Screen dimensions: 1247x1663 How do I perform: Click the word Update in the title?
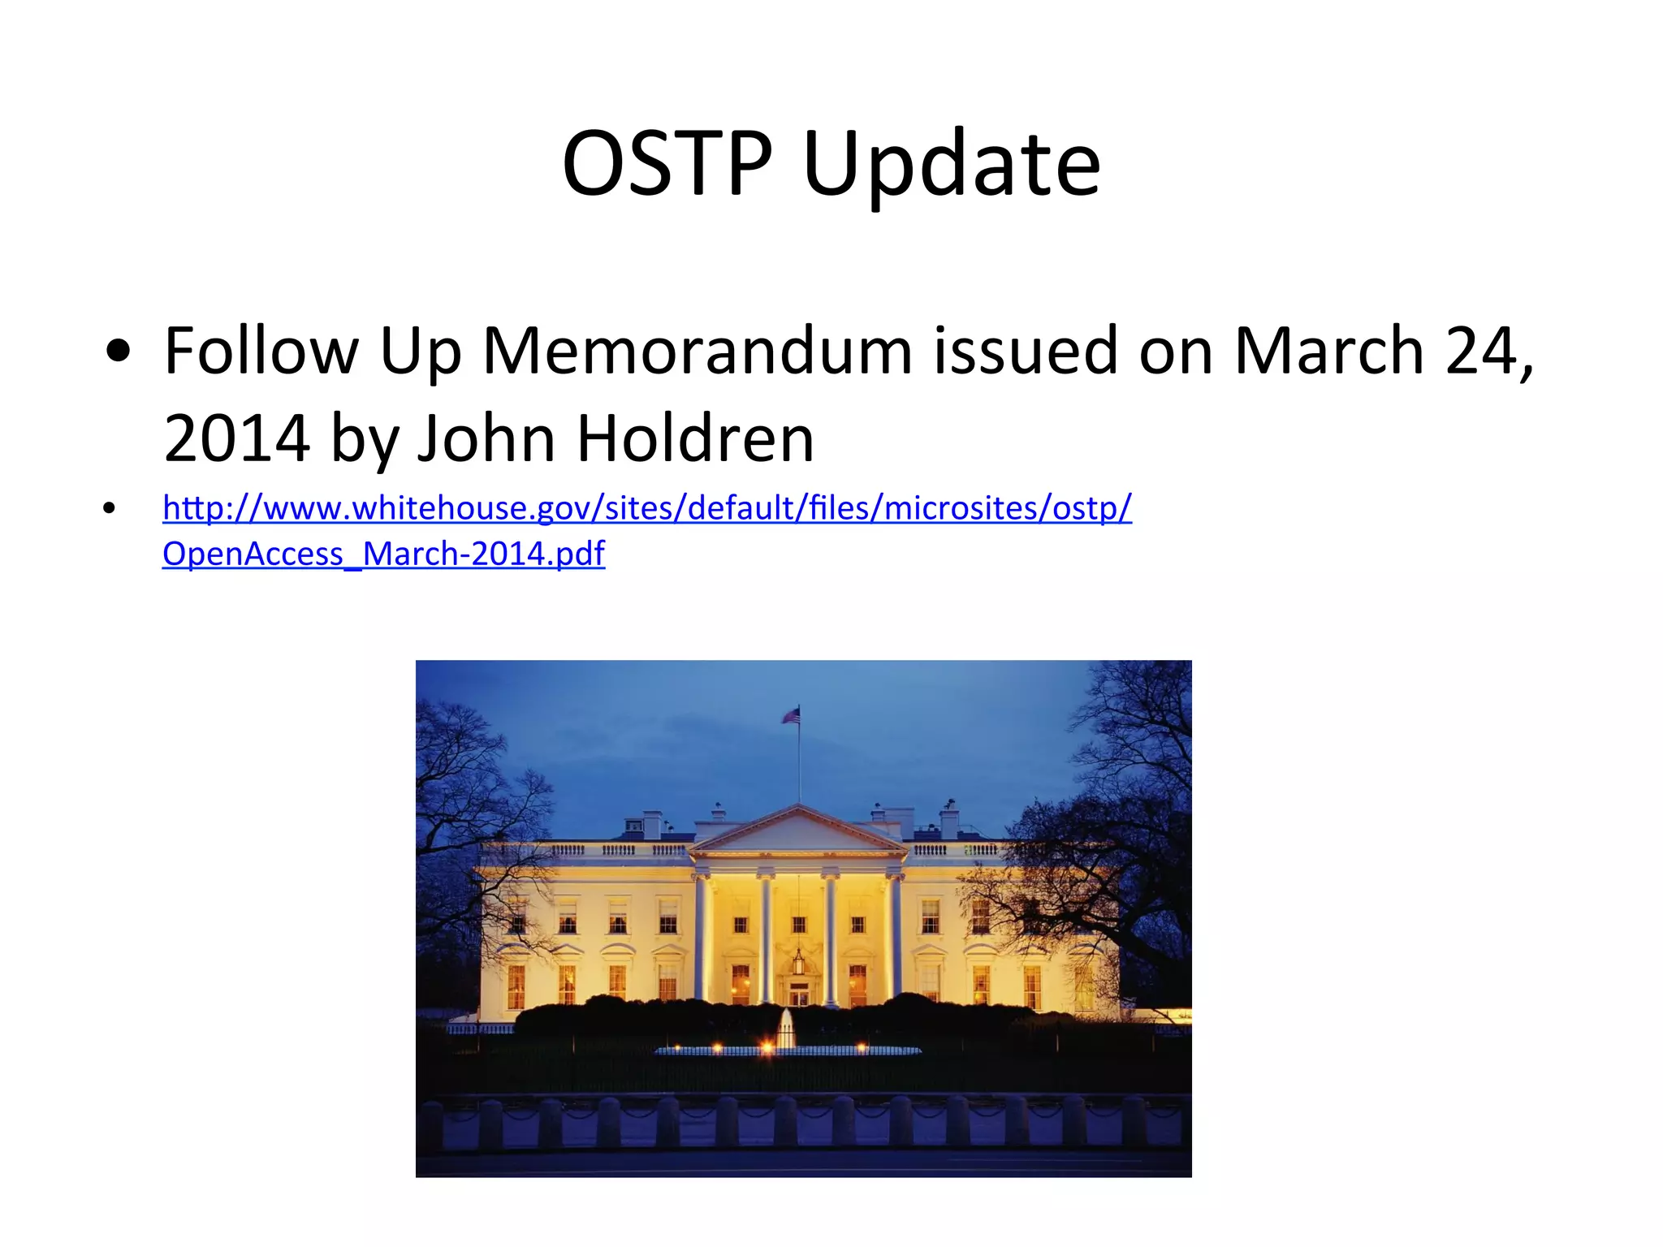(x=951, y=166)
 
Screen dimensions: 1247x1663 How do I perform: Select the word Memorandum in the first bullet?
(x=698, y=351)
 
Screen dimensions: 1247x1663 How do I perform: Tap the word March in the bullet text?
(x=1328, y=351)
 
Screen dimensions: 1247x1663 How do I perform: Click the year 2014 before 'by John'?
(x=236, y=438)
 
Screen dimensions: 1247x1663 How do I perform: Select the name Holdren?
(x=695, y=438)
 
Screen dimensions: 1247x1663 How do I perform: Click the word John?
(x=486, y=438)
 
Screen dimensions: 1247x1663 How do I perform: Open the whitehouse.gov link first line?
(x=646, y=508)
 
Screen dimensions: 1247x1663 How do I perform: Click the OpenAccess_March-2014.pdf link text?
(x=383, y=554)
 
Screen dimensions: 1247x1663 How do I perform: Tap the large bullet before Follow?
(x=119, y=352)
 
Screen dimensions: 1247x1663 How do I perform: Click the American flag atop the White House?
(x=791, y=715)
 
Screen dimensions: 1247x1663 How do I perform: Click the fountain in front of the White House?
(x=785, y=1029)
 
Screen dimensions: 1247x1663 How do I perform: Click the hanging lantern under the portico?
(x=798, y=961)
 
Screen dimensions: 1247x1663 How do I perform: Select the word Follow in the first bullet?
(x=261, y=351)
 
